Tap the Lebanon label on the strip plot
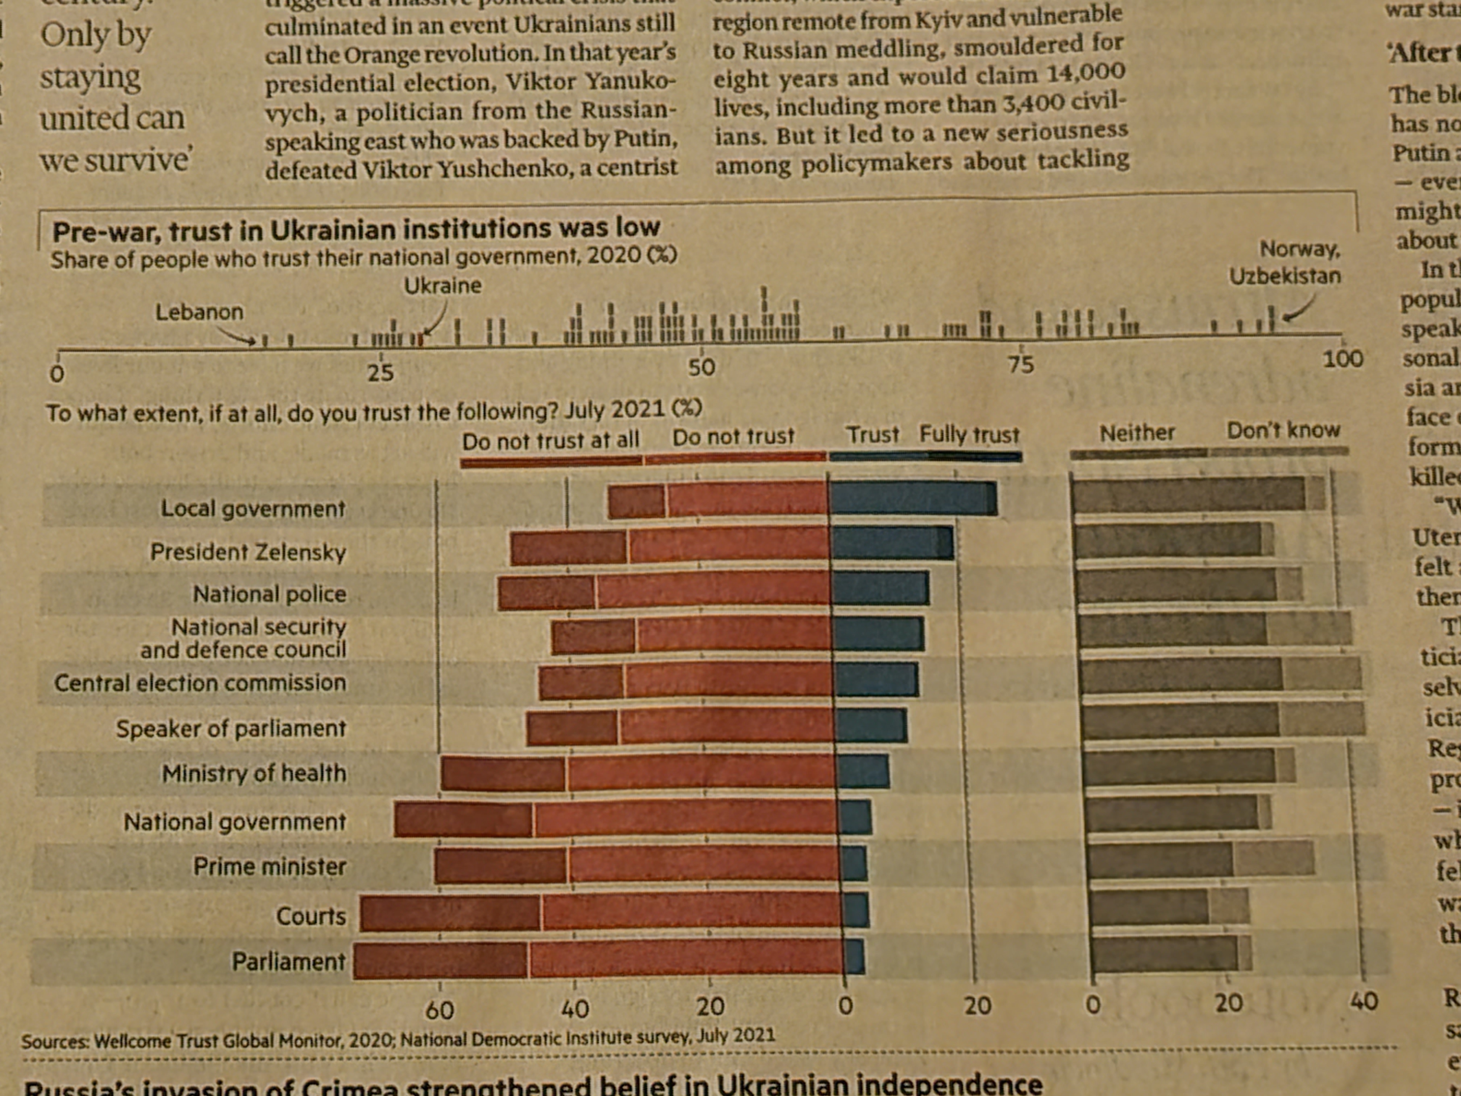tap(199, 312)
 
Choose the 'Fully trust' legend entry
tap(970, 435)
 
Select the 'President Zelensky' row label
tap(248, 552)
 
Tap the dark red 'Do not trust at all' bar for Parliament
tap(441, 960)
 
